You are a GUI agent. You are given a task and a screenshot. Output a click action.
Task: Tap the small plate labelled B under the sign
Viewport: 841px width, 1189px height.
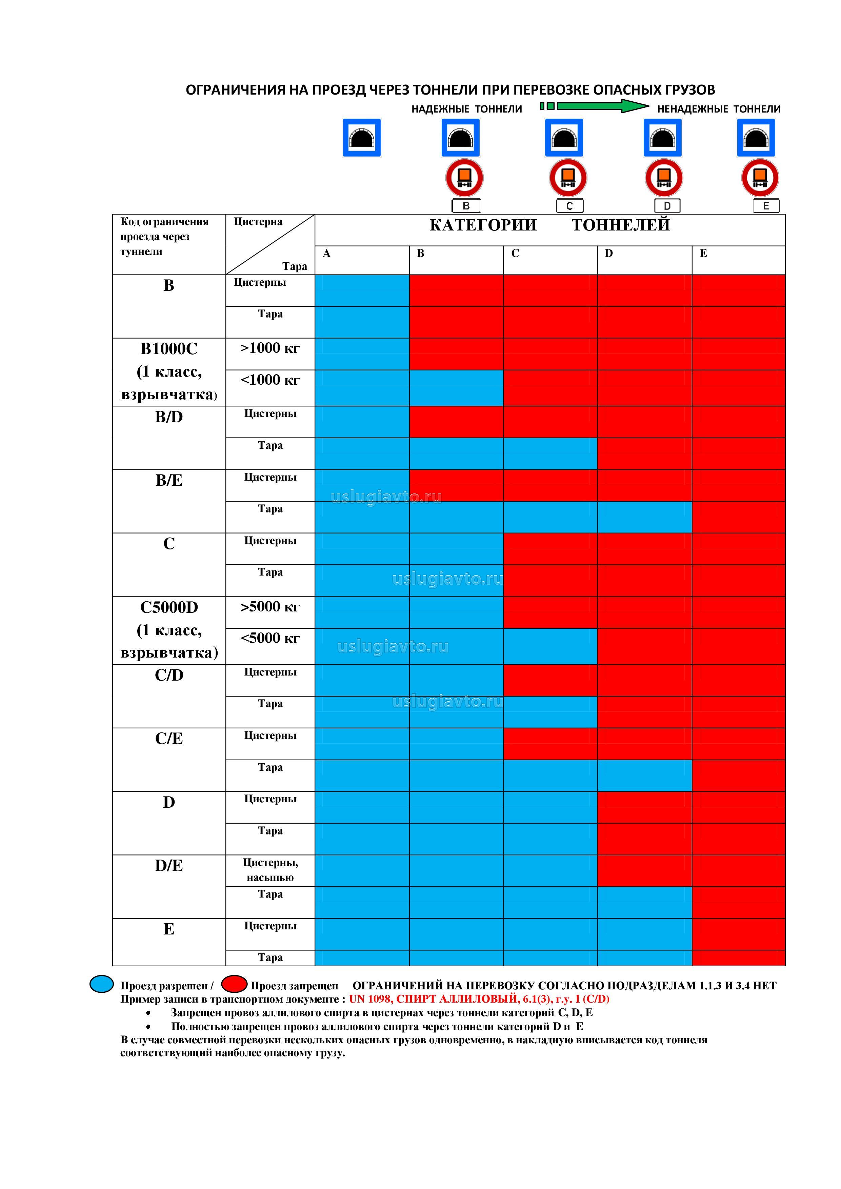(466, 206)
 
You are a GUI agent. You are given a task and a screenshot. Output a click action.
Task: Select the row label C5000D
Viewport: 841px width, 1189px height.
(169, 607)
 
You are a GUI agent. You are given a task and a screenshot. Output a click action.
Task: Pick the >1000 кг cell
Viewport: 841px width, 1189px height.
(270, 348)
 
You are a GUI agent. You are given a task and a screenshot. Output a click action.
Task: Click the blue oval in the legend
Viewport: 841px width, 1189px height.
(101, 984)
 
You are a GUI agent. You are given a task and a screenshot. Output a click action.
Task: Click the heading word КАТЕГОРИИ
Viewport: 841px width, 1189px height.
(483, 225)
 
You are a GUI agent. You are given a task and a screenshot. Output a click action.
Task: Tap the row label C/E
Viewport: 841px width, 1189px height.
(169, 739)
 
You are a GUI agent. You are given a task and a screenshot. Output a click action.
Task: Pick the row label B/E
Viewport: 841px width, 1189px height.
(169, 480)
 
